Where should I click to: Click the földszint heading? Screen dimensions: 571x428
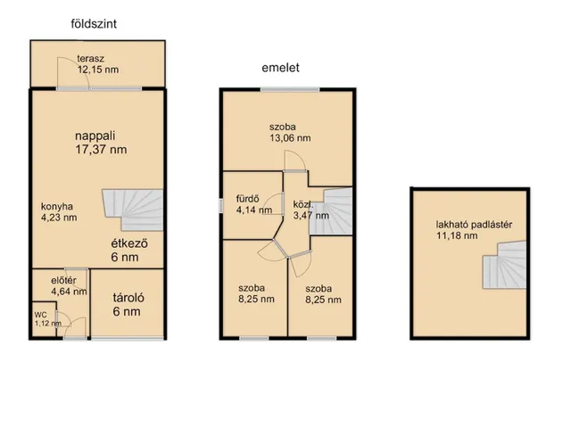point(94,24)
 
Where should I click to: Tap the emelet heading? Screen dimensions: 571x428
point(280,68)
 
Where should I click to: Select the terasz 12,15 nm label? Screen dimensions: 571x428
point(98,64)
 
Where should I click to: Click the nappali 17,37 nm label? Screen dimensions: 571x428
point(101,143)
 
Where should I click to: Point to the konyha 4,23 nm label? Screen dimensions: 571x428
point(59,212)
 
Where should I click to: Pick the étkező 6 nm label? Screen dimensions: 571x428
point(129,250)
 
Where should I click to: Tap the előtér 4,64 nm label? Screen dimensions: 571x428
point(69,285)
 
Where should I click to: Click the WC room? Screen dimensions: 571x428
point(44,319)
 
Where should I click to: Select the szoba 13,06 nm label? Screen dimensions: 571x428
point(290,133)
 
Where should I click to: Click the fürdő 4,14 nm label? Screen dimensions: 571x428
point(254,204)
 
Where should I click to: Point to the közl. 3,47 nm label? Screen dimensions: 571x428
point(311,210)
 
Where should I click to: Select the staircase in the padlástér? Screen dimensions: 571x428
point(505,265)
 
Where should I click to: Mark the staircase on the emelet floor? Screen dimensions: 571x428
point(331,211)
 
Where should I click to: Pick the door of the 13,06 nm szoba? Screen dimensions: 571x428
point(295,162)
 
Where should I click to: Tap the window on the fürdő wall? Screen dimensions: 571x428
point(220,206)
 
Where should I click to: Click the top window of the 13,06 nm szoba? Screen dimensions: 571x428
point(290,89)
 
